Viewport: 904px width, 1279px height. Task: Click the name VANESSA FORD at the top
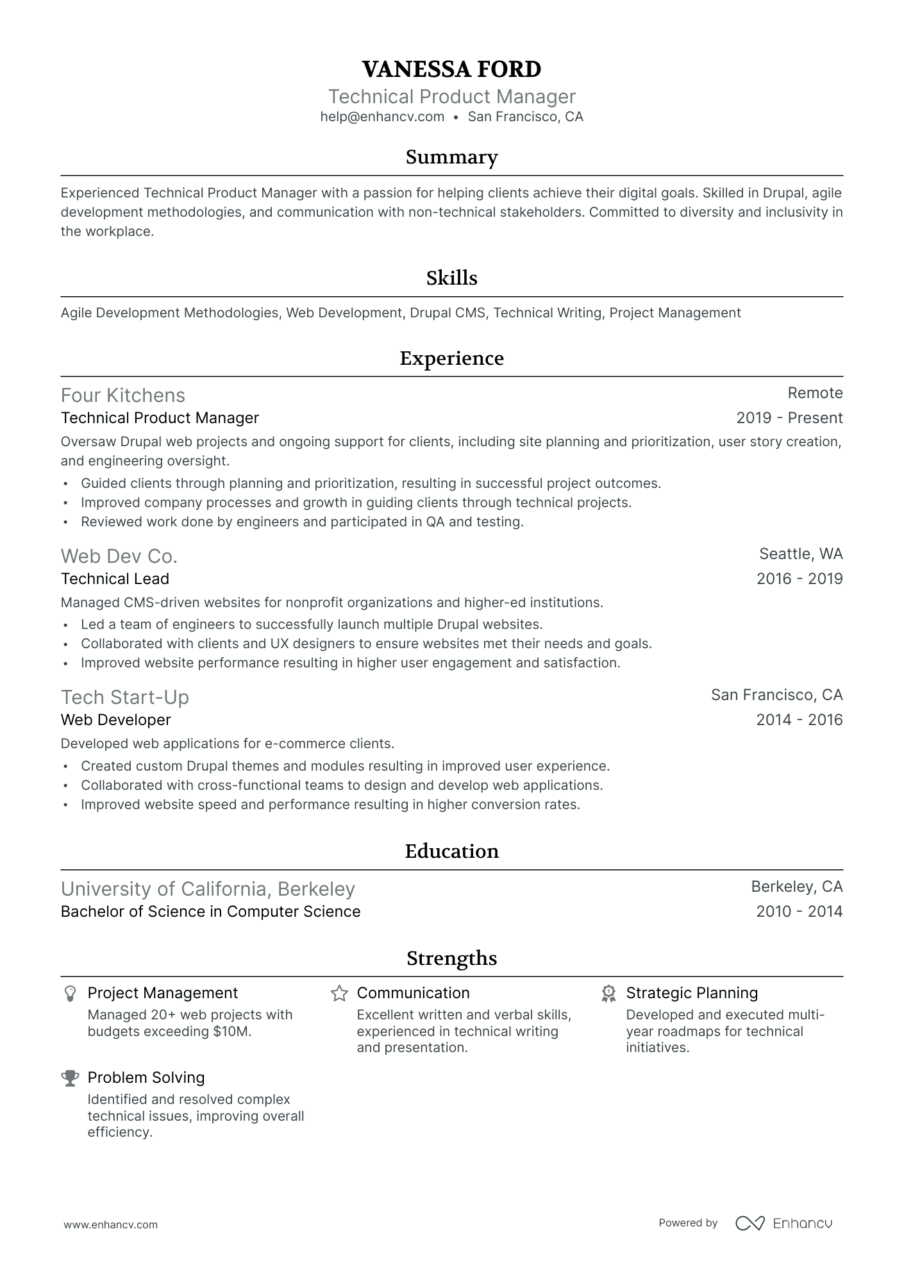(x=451, y=69)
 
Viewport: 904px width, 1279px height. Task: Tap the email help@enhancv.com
(x=382, y=117)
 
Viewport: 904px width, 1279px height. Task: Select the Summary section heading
(x=451, y=157)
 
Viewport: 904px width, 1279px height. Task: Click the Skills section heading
(x=451, y=278)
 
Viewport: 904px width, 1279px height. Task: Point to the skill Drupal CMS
(x=448, y=313)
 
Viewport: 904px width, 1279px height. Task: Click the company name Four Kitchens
(x=123, y=395)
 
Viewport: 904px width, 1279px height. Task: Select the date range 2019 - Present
(x=789, y=418)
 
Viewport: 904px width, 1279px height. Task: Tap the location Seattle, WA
(x=801, y=554)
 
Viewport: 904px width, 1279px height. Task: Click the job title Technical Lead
(x=115, y=579)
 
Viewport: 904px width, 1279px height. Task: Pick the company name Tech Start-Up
(x=125, y=697)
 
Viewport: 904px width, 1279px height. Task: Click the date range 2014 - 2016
(x=799, y=720)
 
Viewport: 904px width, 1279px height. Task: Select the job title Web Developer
(x=115, y=720)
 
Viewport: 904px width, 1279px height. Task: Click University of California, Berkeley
(x=208, y=889)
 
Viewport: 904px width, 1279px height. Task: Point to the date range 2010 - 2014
(x=799, y=912)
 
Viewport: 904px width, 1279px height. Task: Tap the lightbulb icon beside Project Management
(x=70, y=994)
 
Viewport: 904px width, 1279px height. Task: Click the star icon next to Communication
(x=339, y=994)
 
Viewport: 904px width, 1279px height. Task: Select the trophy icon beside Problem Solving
(x=70, y=1078)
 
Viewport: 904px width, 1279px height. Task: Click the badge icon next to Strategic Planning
(x=608, y=994)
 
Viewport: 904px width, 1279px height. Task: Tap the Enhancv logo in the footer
(x=783, y=1223)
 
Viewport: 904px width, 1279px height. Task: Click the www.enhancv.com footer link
(x=110, y=1225)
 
